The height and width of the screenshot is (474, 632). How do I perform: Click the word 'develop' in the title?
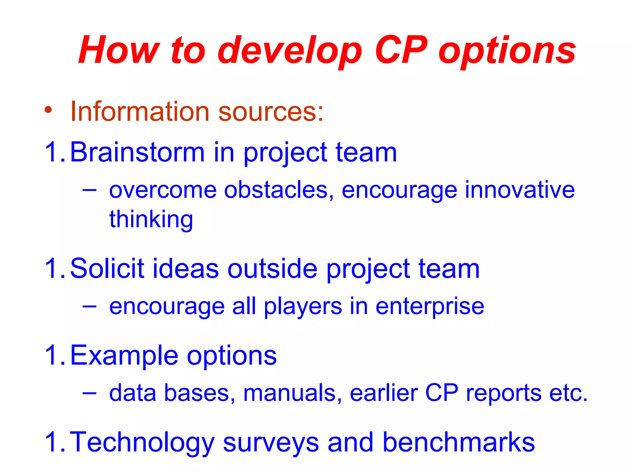(x=289, y=51)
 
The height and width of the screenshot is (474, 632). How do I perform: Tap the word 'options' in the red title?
(x=507, y=51)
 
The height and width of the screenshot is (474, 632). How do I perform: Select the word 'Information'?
(x=140, y=111)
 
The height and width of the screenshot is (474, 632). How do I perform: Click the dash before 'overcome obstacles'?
(x=89, y=189)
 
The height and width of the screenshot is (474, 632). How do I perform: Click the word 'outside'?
(x=272, y=268)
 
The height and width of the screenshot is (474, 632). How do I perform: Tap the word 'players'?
(x=303, y=307)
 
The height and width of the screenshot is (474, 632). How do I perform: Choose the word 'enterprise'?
(x=430, y=307)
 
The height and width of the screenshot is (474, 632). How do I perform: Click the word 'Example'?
(x=124, y=355)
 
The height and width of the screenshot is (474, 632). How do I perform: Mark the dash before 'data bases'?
(x=89, y=393)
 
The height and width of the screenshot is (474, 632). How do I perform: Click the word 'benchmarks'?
(x=459, y=442)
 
